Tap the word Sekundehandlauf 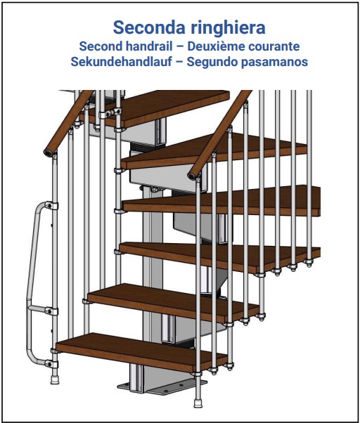[x=121, y=62]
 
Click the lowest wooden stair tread [x=141, y=352]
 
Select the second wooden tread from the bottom [x=173, y=302]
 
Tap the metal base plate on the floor [x=162, y=387]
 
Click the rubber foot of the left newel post [x=55, y=379]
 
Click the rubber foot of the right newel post [x=198, y=402]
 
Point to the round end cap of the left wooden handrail [x=49, y=153]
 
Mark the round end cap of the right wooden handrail [x=193, y=176]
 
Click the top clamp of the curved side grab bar [x=51, y=206]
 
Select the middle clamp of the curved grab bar [x=51, y=311]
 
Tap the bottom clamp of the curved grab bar [x=51, y=363]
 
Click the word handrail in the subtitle [x=148, y=46]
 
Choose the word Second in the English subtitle [x=101, y=46]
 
